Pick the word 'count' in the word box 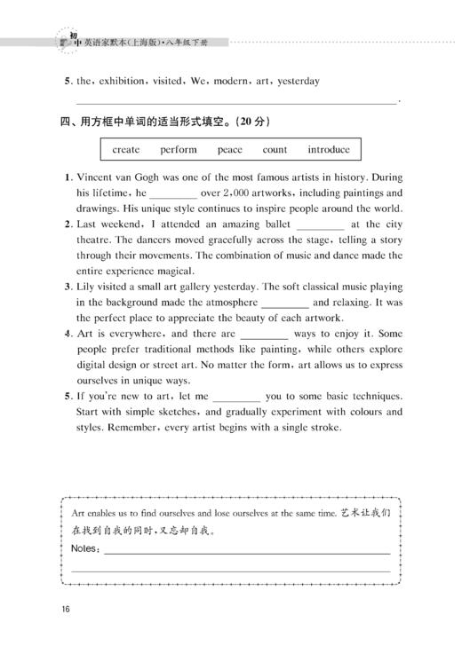click(275, 150)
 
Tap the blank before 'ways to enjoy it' click(264, 335)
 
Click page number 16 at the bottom click(66, 608)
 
